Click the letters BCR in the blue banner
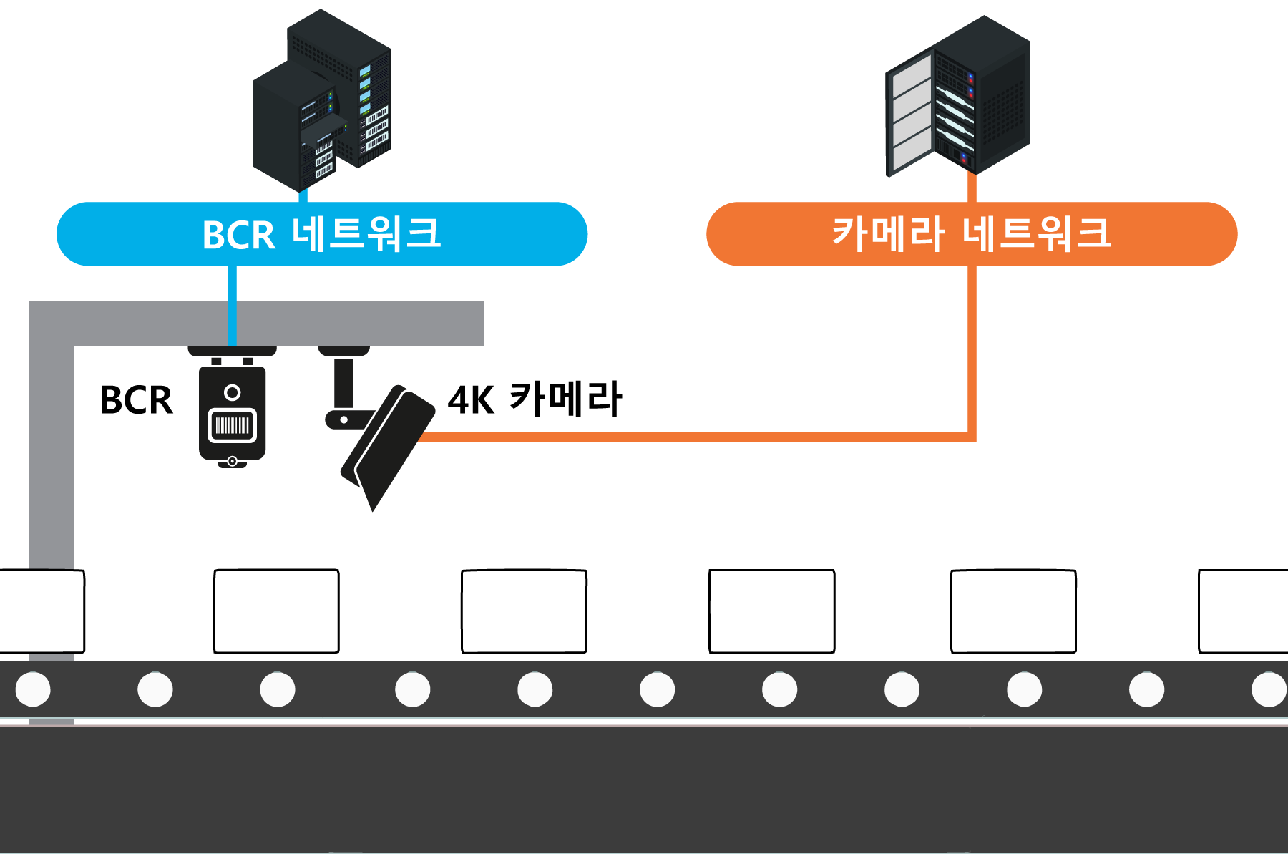click(x=238, y=235)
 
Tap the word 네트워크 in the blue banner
click(x=366, y=233)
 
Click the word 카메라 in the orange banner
click(x=887, y=233)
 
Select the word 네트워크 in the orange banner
click(x=1037, y=233)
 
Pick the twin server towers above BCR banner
click(x=322, y=100)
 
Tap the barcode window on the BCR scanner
click(x=232, y=426)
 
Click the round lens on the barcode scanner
click(x=232, y=392)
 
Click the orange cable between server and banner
click(x=972, y=188)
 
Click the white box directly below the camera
click(x=276, y=611)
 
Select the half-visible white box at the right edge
click(x=1244, y=611)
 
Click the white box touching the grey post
click(x=41, y=611)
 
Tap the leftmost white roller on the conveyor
click(x=33, y=689)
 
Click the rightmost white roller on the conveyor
click(x=1269, y=689)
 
